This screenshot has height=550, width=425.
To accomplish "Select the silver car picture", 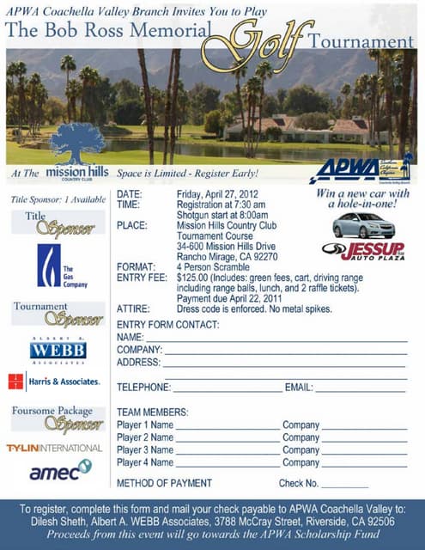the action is (363, 225).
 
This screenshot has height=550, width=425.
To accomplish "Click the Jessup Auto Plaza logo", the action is (362, 251).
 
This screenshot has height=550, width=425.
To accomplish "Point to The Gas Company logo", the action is (59, 266).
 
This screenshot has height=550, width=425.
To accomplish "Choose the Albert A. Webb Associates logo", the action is (58, 349).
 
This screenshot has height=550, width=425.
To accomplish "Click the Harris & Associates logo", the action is (53, 382).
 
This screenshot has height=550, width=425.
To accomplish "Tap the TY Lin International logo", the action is (54, 448).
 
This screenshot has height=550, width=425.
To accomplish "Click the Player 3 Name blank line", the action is (227, 451).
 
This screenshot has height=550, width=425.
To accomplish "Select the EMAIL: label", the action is (299, 387).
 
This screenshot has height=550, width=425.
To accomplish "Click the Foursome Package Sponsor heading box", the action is (58, 419).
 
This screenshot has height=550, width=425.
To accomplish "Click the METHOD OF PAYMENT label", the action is (164, 484).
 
